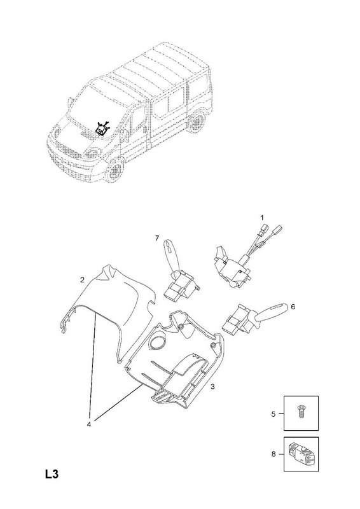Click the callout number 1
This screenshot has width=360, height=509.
[262, 217]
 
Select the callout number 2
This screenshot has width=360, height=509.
[83, 279]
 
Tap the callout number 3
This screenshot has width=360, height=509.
[212, 387]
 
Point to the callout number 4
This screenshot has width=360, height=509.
[89, 424]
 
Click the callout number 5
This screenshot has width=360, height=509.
[273, 414]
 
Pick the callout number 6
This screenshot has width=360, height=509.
[293, 307]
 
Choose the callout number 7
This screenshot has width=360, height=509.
[157, 238]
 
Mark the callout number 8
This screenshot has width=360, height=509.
[273, 454]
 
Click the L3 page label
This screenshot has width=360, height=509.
[52, 474]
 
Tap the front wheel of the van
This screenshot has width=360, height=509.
[115, 169]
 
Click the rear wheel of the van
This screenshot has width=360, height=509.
[197, 122]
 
